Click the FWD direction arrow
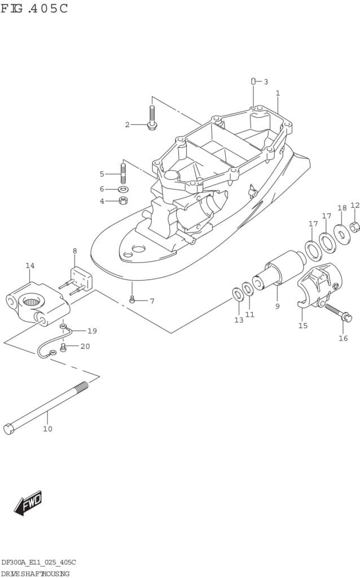[x=28, y=503]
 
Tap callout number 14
[x=30, y=265]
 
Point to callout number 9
[x=277, y=306]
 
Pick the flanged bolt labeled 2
[x=152, y=117]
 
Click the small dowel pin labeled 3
[x=253, y=81]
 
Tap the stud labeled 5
[x=123, y=173]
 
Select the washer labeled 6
[x=123, y=190]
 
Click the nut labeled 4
[x=123, y=201]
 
